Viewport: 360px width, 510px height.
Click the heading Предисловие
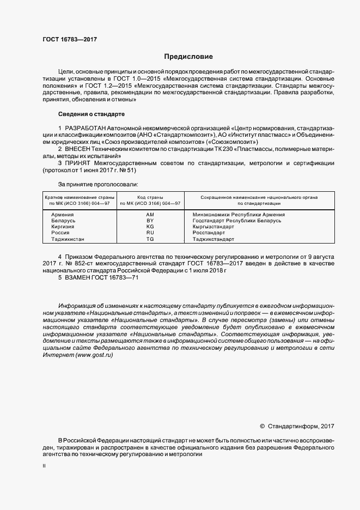click(x=188, y=57)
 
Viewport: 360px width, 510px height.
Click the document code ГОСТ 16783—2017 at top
click(x=70, y=40)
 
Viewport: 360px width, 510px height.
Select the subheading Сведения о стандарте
click(x=91, y=114)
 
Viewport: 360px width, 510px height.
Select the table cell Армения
click(x=63, y=215)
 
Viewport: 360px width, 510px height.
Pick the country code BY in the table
click(x=150, y=221)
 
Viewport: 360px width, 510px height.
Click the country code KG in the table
click(x=150, y=227)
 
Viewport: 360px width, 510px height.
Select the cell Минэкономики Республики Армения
click(x=239, y=215)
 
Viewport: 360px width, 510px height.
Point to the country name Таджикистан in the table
click(x=68, y=239)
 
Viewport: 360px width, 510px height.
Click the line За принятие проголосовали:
click(x=94, y=185)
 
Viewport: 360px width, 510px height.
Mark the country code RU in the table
click(x=150, y=233)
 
